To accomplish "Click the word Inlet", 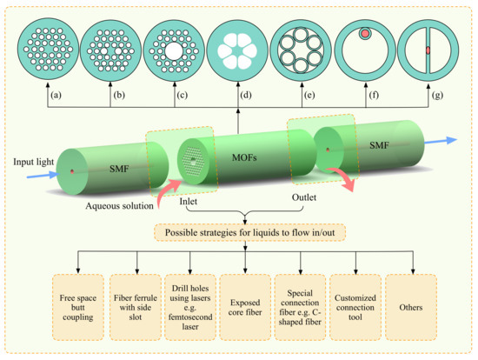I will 190,205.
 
